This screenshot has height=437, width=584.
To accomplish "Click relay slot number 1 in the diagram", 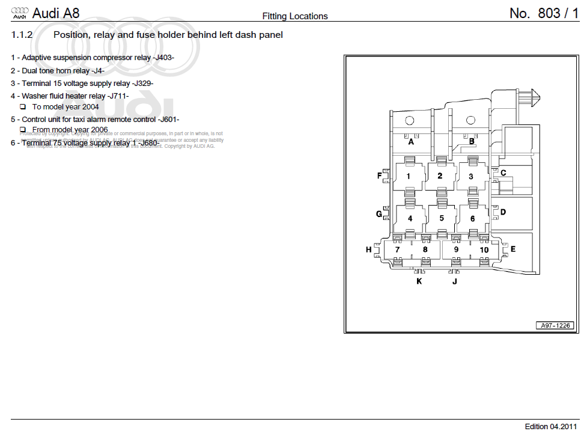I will pos(409,176).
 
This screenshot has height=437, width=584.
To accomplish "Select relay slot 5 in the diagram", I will pos(442,218).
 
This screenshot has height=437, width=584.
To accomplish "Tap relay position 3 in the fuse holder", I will pos(471,176).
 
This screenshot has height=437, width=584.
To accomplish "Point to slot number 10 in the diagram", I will pos(484,249).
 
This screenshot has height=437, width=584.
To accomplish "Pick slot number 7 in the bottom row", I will pos(397,249).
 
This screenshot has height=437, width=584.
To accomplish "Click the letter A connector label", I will pos(412,142).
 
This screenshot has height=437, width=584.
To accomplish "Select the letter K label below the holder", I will pos(419,281).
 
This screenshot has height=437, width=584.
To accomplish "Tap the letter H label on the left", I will pos(369,249).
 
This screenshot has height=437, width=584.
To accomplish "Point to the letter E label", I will pos(513,248).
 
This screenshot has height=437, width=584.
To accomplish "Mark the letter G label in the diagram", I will pos(379,214).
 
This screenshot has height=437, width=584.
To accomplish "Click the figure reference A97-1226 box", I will pos(555,326).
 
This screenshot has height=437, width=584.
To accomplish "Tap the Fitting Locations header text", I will pos(295,16).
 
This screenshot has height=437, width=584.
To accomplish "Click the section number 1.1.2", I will pos(22,35).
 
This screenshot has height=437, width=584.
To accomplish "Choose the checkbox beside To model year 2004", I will pos(23,107).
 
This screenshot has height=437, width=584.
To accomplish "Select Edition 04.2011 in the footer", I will pos(552,427).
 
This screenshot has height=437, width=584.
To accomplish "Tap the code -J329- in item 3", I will pos(142,83).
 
